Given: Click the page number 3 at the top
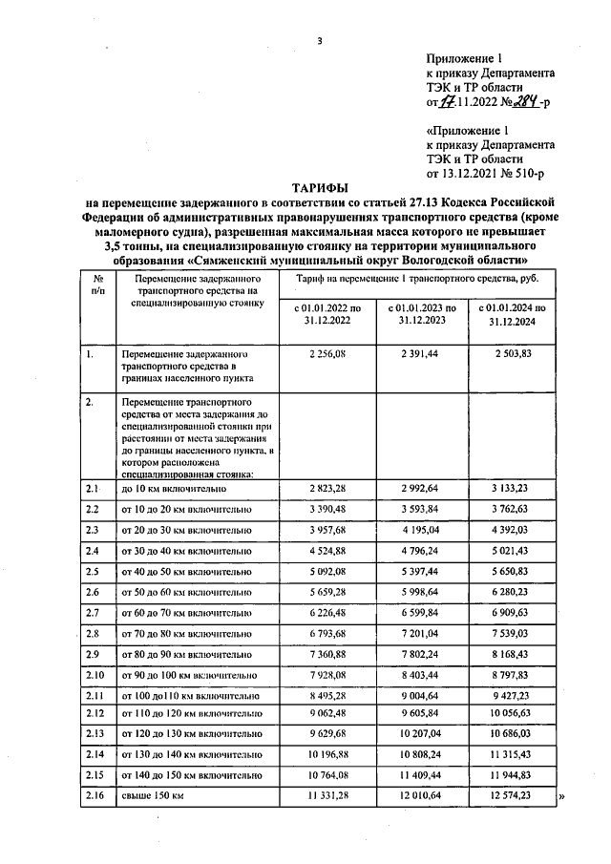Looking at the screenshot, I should [x=320, y=40].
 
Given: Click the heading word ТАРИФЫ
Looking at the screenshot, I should [x=319, y=188].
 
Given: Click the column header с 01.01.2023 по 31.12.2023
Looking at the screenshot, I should [x=420, y=315].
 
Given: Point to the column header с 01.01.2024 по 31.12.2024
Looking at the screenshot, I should [x=515, y=315].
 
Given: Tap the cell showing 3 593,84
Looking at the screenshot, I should [x=420, y=509].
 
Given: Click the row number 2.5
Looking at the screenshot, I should [x=93, y=571].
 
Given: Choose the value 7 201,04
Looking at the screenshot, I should [x=420, y=633].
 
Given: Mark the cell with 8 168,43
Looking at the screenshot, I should [x=515, y=654].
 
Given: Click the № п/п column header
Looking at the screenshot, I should [x=96, y=284].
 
